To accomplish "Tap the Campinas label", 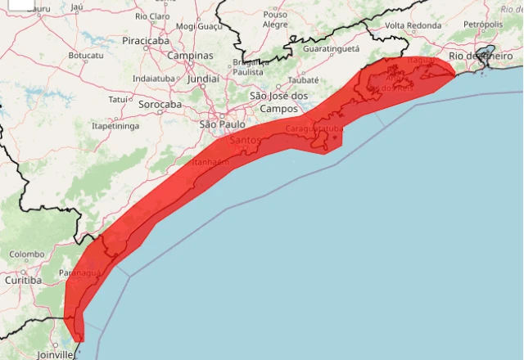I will [190, 56].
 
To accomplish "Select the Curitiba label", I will [21, 281].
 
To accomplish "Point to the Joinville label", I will [55, 354].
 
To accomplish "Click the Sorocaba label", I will [160, 105].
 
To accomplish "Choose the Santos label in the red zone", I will [245, 140].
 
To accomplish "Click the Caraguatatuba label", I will [314, 129].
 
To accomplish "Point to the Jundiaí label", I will [203, 79].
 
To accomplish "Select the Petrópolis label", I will [482, 25].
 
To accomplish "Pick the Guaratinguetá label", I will [331, 49].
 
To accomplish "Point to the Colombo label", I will [27, 254].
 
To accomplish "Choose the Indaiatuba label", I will [157, 79].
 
